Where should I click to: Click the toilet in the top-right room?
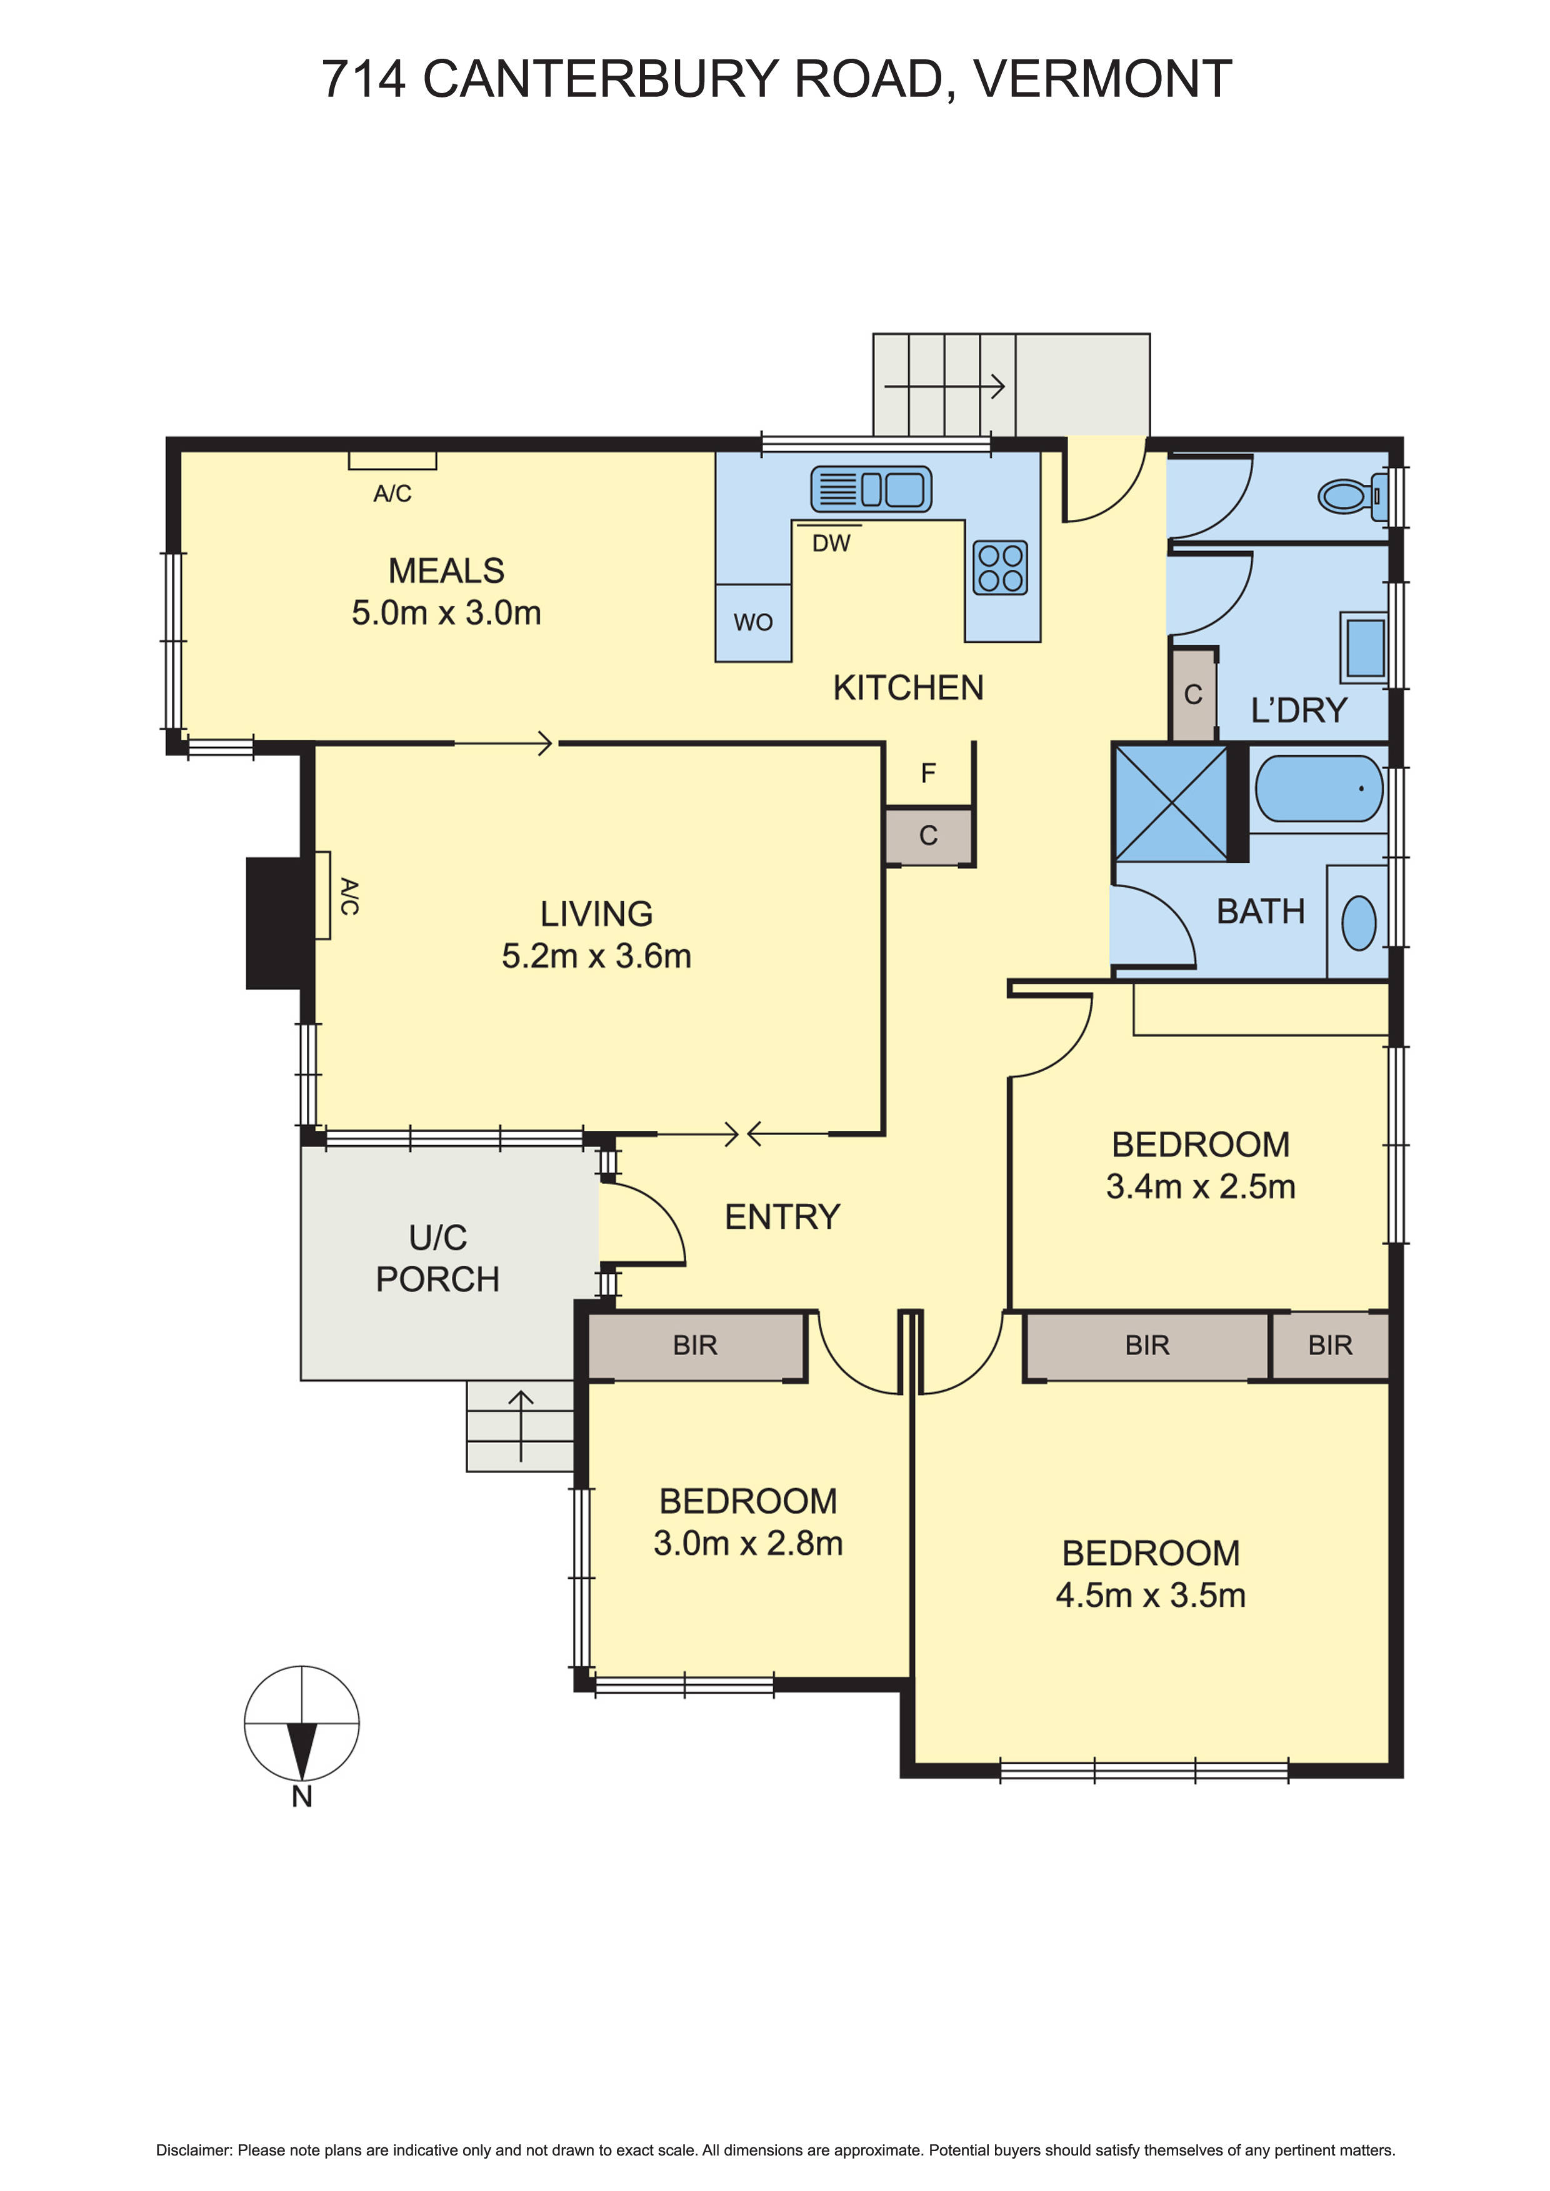[1347, 496]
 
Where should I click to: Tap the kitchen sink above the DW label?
[871, 490]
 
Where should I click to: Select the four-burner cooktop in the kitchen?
[1000, 568]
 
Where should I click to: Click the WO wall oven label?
[753, 622]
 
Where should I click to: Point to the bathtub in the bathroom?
[1318, 788]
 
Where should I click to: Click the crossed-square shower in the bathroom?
[1171, 803]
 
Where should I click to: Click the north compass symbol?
[302, 1726]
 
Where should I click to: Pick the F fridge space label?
[927, 773]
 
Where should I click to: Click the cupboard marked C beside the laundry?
[1193, 695]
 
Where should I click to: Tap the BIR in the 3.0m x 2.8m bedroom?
[695, 1346]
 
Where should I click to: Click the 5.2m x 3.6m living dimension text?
[596, 956]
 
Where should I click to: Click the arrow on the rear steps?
[945, 387]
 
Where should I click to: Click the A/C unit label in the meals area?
[392, 494]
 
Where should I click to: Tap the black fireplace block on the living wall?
[275, 923]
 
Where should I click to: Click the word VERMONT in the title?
[1102, 79]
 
